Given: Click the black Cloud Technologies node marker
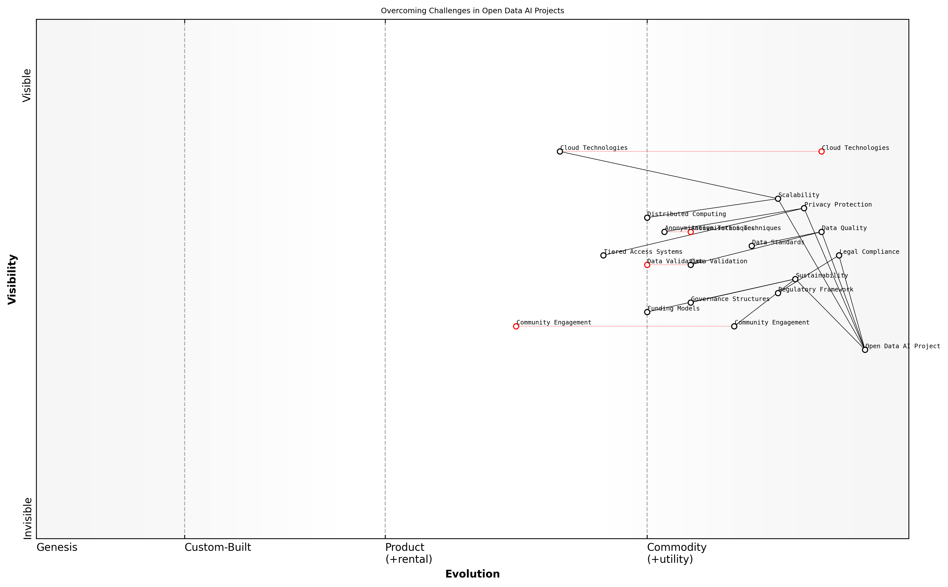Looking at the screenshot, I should click(x=560, y=151).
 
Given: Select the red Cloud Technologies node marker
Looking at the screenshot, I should click(x=821, y=151).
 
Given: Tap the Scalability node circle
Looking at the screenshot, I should click(x=778, y=199).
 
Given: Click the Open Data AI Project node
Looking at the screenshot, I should click(x=865, y=350).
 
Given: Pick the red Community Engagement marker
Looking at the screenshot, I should click(x=516, y=326).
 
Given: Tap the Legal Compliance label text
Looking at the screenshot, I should click(x=869, y=252).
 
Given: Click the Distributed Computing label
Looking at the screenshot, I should click(x=686, y=214).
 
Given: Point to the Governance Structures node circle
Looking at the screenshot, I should click(x=691, y=302).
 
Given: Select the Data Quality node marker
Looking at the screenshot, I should click(x=821, y=232).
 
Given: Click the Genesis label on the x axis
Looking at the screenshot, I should click(x=57, y=547).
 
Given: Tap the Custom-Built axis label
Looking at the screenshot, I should click(x=218, y=547).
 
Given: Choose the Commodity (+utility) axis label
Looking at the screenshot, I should click(x=676, y=553).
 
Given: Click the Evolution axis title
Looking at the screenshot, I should click(x=472, y=574).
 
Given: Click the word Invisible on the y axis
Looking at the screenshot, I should click(x=27, y=518).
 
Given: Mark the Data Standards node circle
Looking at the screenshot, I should click(x=751, y=246).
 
